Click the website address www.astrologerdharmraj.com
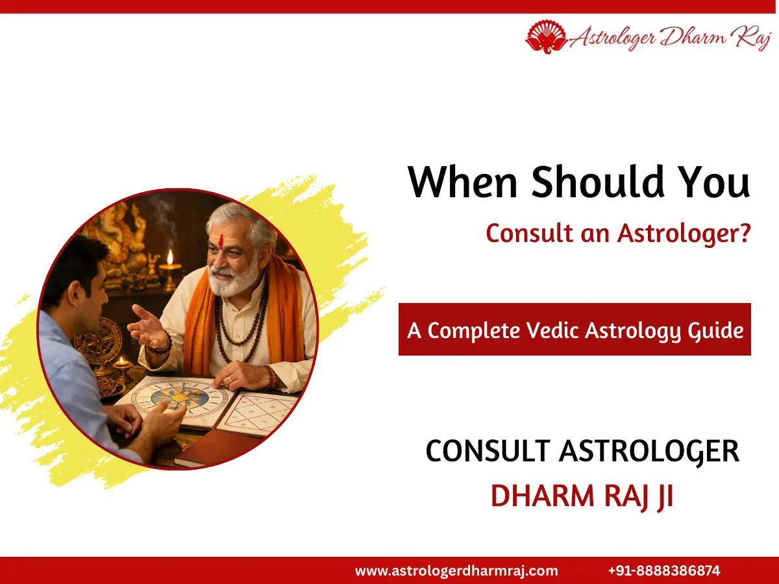[x=456, y=571]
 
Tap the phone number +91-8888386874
[x=664, y=571]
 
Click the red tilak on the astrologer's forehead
[x=221, y=239]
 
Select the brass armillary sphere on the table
[x=98, y=341]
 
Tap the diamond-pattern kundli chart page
[x=260, y=413]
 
